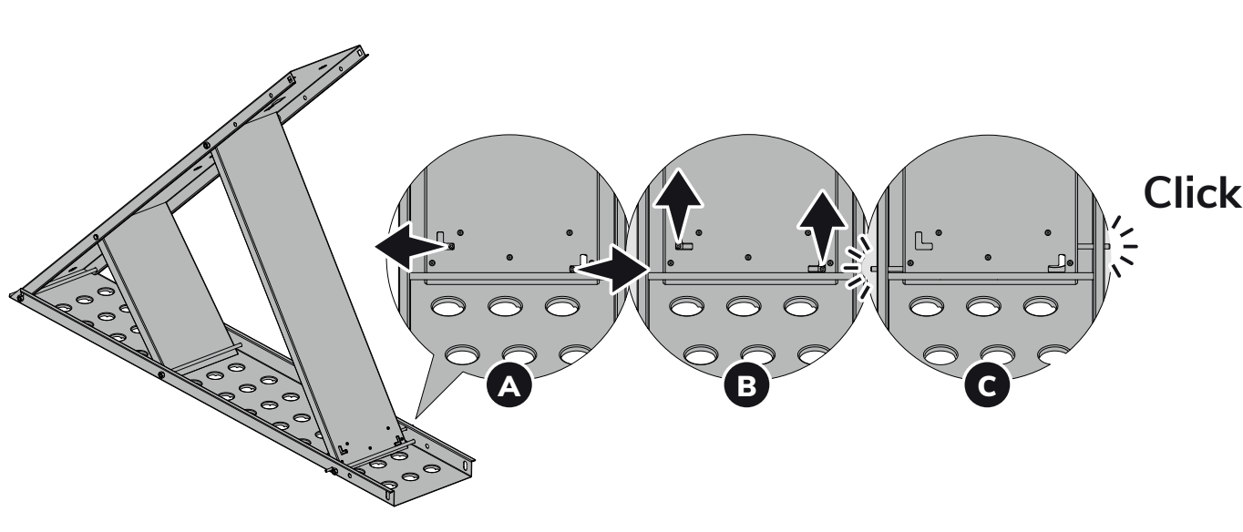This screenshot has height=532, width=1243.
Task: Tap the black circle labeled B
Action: tap(747, 386)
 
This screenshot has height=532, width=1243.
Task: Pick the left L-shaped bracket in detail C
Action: tap(922, 240)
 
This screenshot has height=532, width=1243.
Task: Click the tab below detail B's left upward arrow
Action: tap(682, 245)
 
